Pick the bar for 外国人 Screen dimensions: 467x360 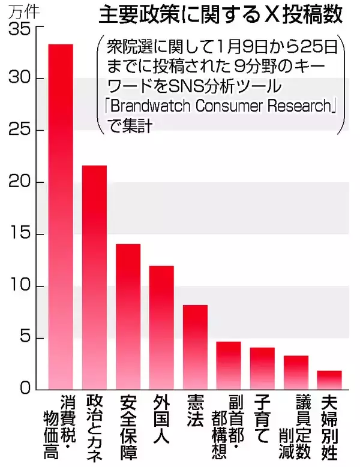click(x=161, y=327)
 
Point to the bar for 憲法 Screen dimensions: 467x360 click(x=195, y=347)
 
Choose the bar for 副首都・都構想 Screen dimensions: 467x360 click(x=229, y=366)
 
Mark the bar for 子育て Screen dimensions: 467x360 click(x=262, y=369)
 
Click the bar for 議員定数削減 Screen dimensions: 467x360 click(x=296, y=372)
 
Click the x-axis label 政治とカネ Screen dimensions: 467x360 click(x=94, y=426)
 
